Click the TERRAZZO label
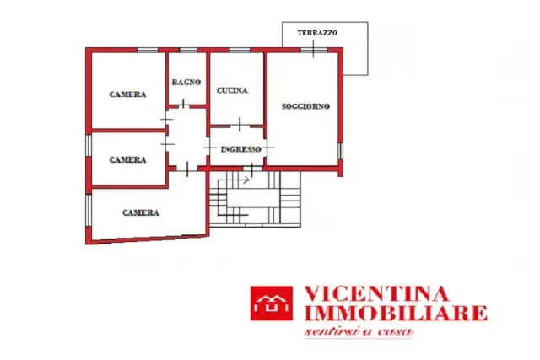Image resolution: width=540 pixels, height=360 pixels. [x=317, y=33]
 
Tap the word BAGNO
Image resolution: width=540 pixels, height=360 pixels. [x=186, y=83]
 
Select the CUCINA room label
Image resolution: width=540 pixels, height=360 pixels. [x=232, y=90]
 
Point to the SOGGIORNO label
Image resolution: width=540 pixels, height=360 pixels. [x=305, y=106]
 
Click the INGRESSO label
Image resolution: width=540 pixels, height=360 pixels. [x=240, y=149]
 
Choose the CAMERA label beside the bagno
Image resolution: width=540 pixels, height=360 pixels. [x=127, y=94]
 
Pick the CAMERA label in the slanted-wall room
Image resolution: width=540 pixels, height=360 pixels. [x=141, y=213]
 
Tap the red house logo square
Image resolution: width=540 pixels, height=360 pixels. [x=272, y=304]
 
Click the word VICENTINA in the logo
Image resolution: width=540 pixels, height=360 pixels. [x=377, y=294]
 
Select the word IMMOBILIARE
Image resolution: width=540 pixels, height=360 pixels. [x=396, y=313]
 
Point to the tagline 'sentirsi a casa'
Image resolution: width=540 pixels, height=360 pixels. [x=359, y=331]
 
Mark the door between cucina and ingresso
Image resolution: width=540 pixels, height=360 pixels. [x=240, y=125]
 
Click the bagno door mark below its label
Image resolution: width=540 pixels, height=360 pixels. [x=183, y=104]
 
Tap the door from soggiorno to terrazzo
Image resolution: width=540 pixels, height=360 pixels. [x=313, y=49]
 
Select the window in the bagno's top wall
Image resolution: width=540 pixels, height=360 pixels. [x=188, y=51]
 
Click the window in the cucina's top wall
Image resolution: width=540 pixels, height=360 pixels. [x=240, y=51]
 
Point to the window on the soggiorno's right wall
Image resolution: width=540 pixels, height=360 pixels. [x=340, y=151]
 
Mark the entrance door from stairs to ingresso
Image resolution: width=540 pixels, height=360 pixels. [x=252, y=169]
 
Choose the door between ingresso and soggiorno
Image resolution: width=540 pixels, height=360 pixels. [x=267, y=148]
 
